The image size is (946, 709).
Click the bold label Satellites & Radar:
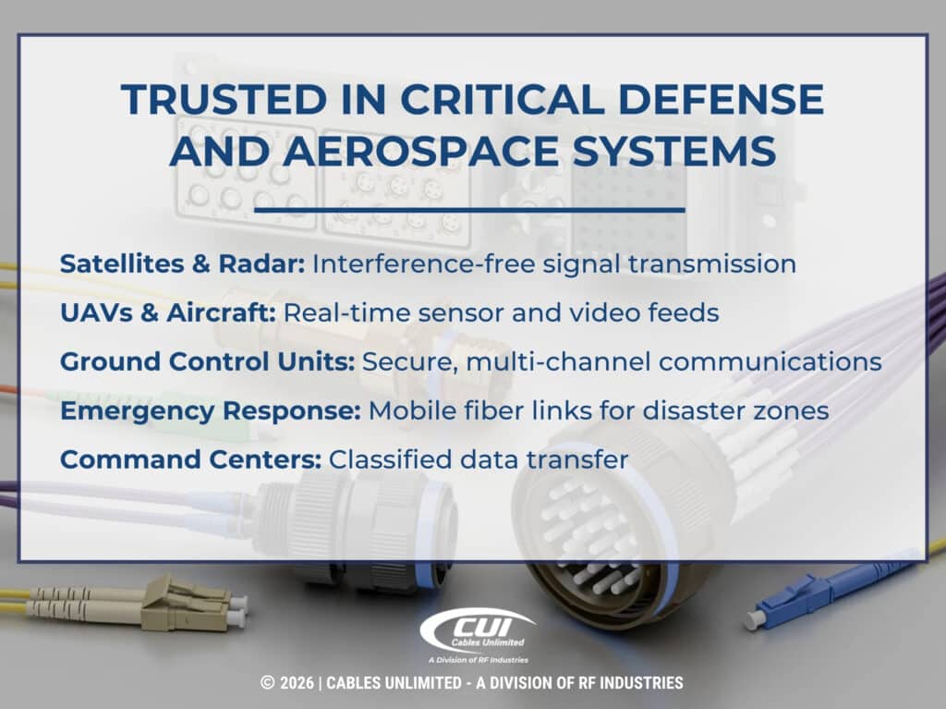pyautogui.click(x=182, y=264)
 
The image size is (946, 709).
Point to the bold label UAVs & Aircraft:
pyautogui.click(x=167, y=313)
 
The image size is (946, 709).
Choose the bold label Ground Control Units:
pyautogui.click(x=207, y=361)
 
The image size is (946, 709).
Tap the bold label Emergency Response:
pyautogui.click(x=210, y=410)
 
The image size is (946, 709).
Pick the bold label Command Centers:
pyautogui.click(x=190, y=459)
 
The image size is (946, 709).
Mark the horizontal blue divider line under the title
pyautogui.click(x=468, y=210)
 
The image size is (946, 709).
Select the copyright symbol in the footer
pyautogui.click(x=268, y=683)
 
